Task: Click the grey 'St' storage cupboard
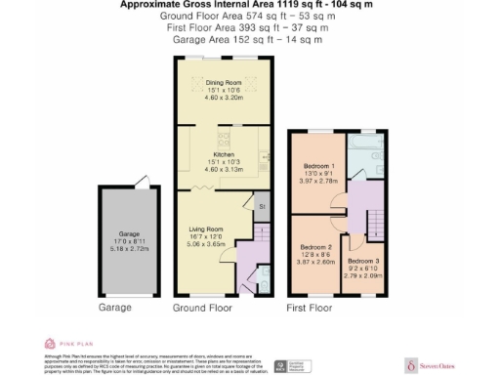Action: pos(261,207)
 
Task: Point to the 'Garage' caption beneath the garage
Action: pos(115,308)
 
